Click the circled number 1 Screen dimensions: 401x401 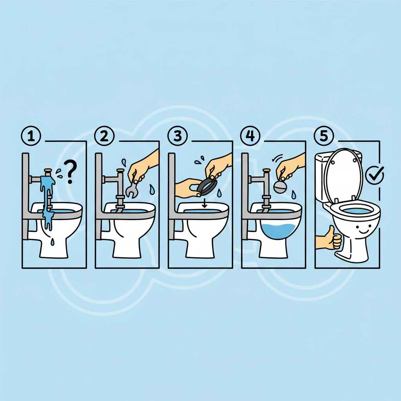point(31,136)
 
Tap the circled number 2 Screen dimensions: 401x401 point(104,136)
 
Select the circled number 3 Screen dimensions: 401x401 point(177,136)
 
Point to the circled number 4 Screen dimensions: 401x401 point(250,136)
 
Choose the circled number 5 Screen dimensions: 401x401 point(324,136)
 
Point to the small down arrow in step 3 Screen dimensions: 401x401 point(204,203)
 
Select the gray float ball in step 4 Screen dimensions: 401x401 point(280,187)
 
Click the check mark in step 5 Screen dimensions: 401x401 point(375,175)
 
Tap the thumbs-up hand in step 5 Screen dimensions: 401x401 point(330,239)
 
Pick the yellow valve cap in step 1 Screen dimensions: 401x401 point(48,170)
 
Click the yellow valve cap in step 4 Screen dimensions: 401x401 point(266,170)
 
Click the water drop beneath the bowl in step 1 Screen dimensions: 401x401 point(52,242)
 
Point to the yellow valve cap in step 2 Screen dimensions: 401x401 point(121,170)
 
